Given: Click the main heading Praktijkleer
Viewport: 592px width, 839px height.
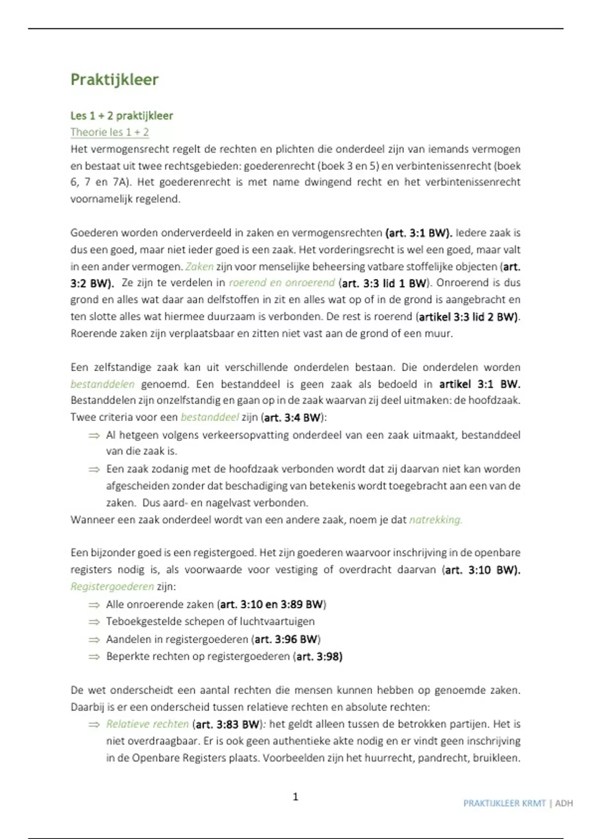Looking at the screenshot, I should [114, 80].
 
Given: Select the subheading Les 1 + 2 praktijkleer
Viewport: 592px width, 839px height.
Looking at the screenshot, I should [121, 116].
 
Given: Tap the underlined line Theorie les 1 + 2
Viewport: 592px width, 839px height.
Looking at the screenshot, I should [110, 132].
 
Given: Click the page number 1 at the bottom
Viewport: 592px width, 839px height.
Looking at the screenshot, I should [296, 796].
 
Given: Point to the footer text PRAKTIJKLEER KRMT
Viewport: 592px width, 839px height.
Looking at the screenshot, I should [504, 803].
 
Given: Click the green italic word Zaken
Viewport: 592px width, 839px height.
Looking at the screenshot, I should [199, 267].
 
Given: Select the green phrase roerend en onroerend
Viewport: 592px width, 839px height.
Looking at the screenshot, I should [282, 283].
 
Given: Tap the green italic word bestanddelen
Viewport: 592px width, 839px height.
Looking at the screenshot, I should [102, 384].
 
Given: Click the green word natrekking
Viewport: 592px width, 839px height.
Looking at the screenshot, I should [435, 520].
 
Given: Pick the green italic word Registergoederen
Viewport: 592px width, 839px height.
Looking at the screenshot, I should [112, 586].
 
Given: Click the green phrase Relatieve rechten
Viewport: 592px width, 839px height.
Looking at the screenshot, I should [147, 724].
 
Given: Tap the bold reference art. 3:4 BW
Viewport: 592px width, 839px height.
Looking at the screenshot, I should [293, 418].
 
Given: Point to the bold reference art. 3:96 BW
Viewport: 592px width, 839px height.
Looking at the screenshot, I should [286, 639].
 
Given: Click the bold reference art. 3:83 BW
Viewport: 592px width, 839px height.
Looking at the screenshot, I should [227, 724].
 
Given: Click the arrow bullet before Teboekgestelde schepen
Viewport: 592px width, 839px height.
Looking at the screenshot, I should [94, 622].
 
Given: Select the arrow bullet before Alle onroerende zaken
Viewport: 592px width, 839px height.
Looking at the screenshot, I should [94, 605].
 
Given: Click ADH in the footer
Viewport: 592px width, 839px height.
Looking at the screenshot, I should [564, 803].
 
